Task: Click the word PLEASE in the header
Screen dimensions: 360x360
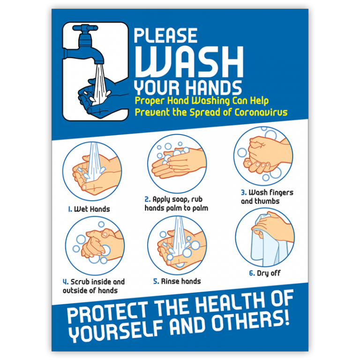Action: [165, 36]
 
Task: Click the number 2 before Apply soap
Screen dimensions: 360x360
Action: [147, 199]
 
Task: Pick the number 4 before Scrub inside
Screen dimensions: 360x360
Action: [66, 282]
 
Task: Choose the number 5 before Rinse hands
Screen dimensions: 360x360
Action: [156, 281]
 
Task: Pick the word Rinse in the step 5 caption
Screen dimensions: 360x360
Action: [171, 281]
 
